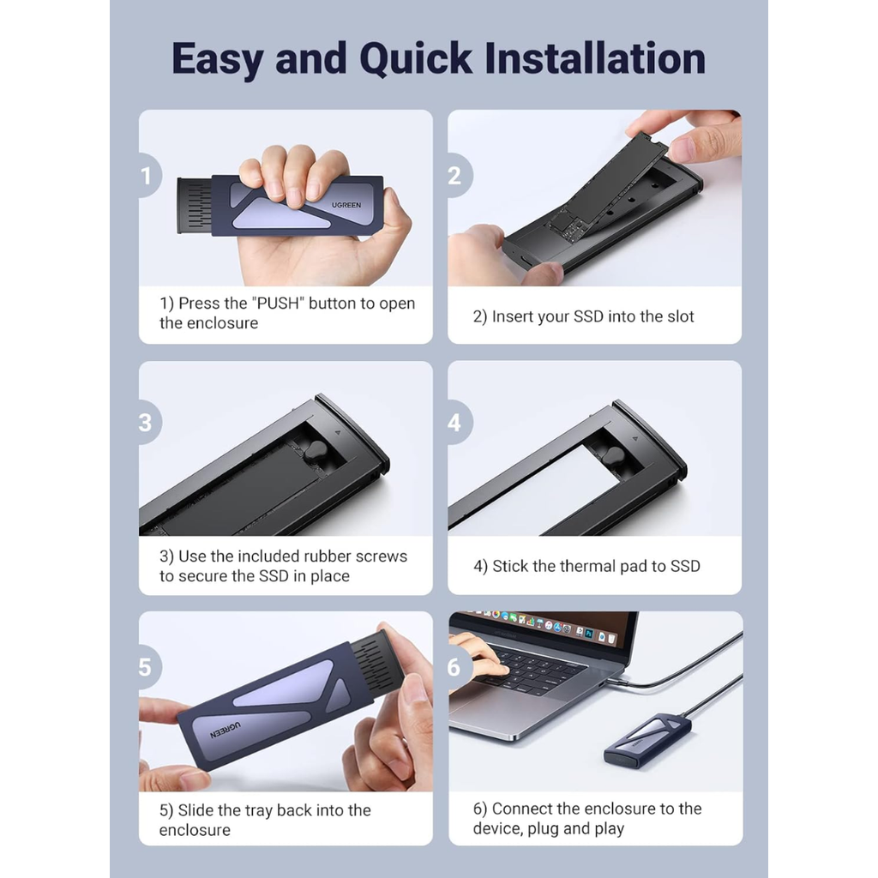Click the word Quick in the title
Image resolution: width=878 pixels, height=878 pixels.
416,59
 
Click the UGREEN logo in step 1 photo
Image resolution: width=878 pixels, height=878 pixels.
346,205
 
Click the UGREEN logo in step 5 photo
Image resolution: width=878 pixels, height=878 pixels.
226,731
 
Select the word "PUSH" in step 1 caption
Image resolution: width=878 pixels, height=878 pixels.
278,303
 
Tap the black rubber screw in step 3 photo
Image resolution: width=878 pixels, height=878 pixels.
316,451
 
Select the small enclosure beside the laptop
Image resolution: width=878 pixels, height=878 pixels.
647,739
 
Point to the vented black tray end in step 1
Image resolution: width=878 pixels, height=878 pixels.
195,205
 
